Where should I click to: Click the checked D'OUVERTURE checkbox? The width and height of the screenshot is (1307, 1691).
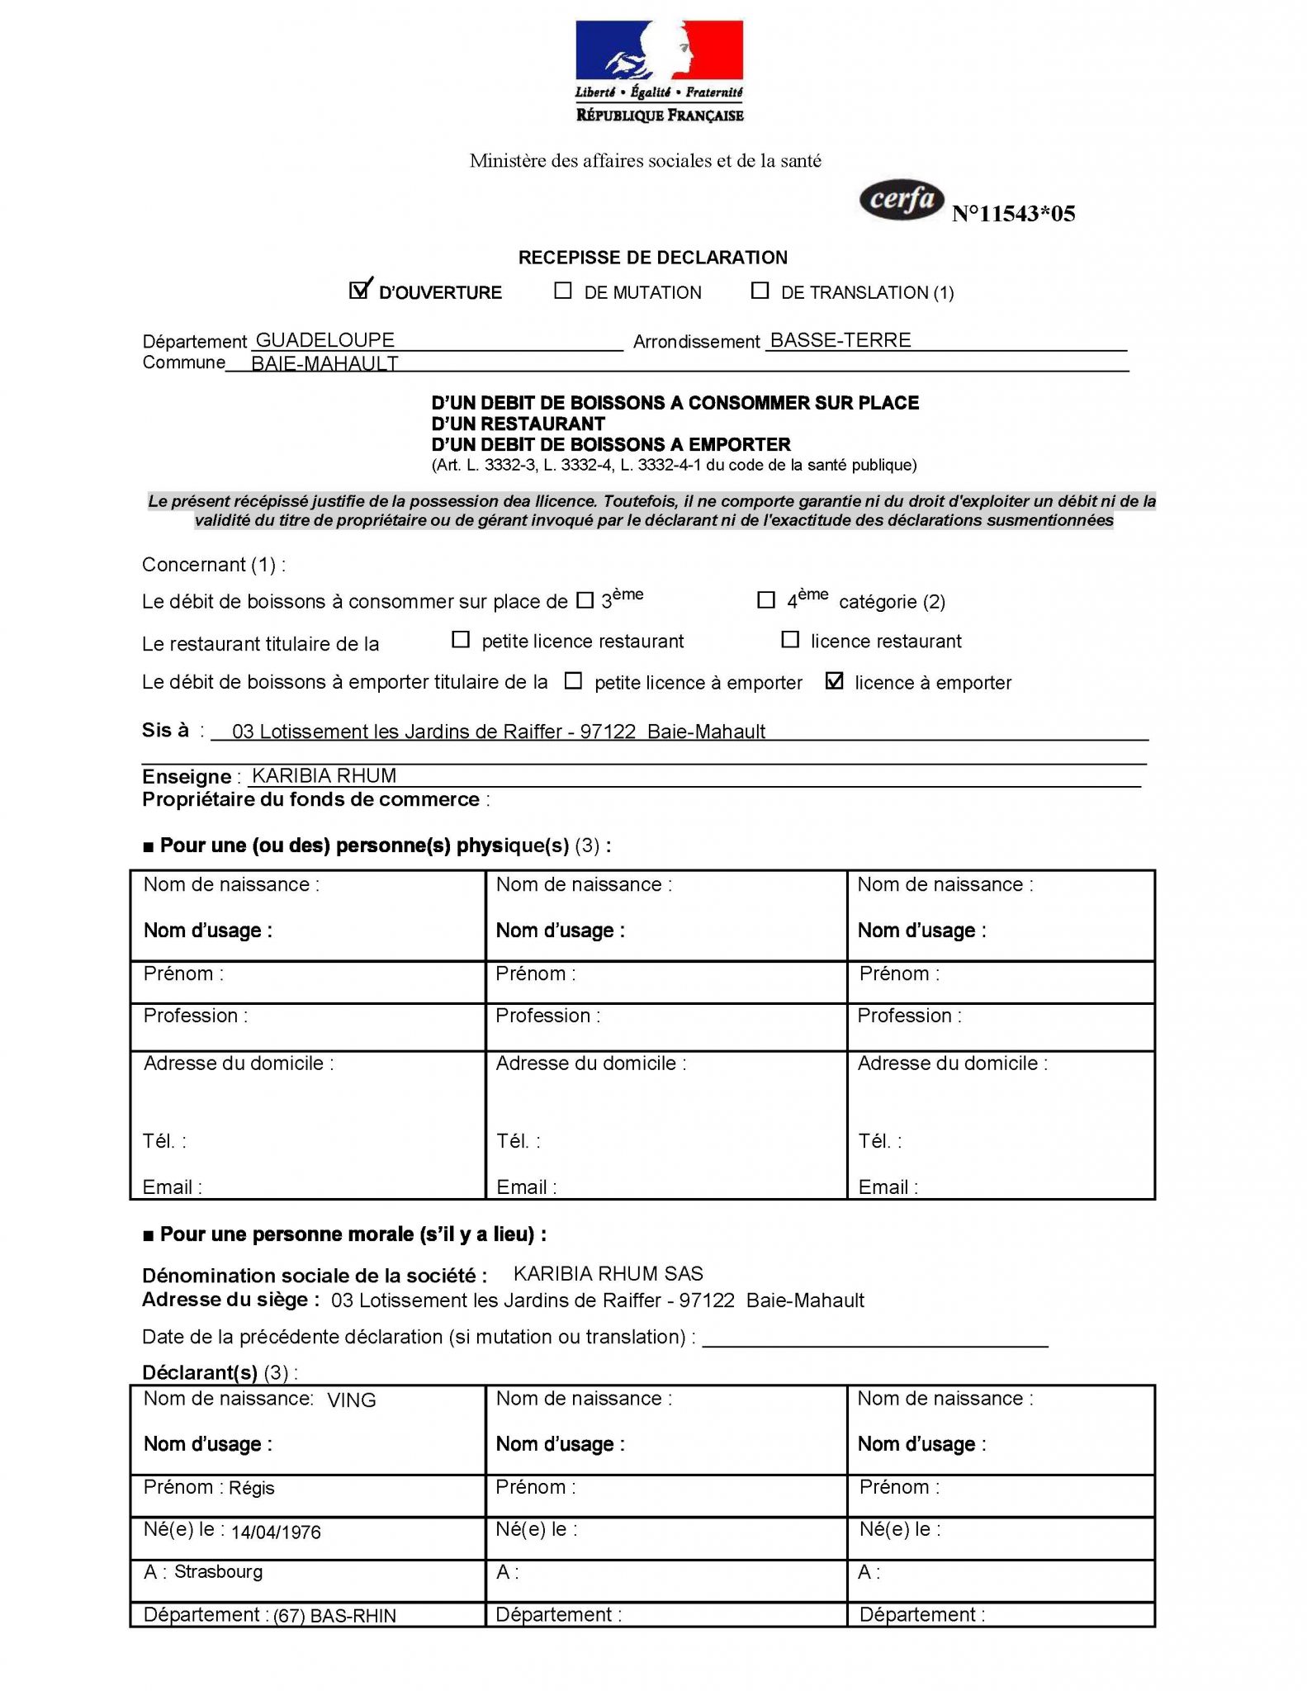pyautogui.click(x=359, y=291)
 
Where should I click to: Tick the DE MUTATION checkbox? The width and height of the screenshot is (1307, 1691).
pyautogui.click(x=563, y=291)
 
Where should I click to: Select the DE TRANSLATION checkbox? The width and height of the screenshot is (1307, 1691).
pyautogui.click(x=760, y=291)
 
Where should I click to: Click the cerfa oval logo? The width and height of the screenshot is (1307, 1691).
pyautogui.click(x=902, y=201)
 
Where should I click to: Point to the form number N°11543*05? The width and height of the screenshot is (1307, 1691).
pyautogui.click(x=1013, y=214)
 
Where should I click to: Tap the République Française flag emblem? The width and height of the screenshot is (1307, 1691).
pyautogui.click(x=659, y=51)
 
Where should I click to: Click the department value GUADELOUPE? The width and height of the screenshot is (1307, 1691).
pyautogui.click(x=325, y=340)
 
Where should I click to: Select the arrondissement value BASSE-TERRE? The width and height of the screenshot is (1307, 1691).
pyautogui.click(x=841, y=340)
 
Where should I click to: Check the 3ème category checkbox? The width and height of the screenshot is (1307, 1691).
pyautogui.click(x=585, y=600)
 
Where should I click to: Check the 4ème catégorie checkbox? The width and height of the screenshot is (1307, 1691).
pyautogui.click(x=766, y=600)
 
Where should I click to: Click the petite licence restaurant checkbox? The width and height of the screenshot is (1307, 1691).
pyautogui.click(x=461, y=640)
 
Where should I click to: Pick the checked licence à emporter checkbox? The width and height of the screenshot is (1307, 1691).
pyautogui.click(x=835, y=681)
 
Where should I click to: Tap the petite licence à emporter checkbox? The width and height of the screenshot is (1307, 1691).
pyautogui.click(x=573, y=681)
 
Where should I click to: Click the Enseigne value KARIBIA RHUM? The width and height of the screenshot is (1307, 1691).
pyautogui.click(x=324, y=776)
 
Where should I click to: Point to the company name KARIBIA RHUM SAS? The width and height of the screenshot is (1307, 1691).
pyautogui.click(x=608, y=1273)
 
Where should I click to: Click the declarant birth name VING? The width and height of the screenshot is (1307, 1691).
pyautogui.click(x=352, y=1400)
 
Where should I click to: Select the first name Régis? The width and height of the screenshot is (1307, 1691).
pyautogui.click(x=252, y=1488)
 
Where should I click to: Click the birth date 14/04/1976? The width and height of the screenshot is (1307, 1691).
pyautogui.click(x=276, y=1532)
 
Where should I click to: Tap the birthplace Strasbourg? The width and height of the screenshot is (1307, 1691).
pyautogui.click(x=219, y=1571)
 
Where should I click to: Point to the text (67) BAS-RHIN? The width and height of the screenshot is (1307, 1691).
pyautogui.click(x=334, y=1616)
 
